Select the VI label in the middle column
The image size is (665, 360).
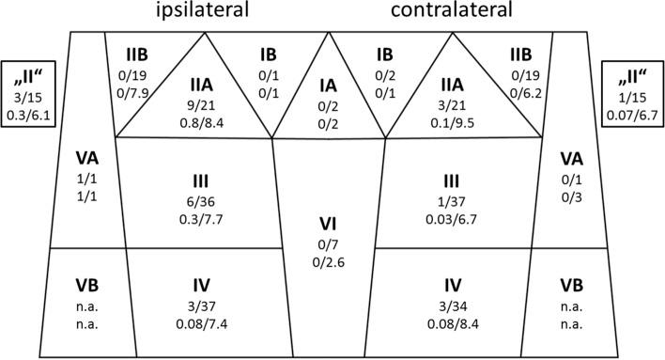click(x=329, y=226)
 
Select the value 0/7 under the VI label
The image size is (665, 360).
click(x=329, y=244)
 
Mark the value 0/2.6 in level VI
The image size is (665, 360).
click(x=329, y=262)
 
